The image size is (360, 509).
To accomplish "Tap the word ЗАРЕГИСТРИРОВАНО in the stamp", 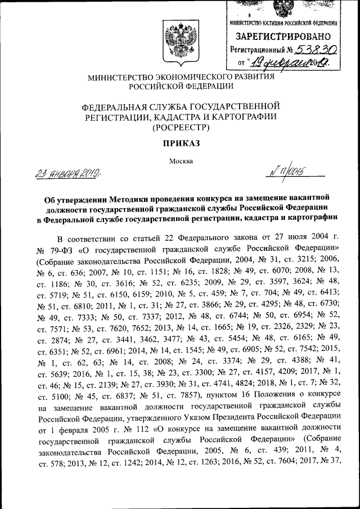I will click(x=283, y=37).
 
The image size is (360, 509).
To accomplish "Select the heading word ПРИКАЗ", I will click(x=181, y=143).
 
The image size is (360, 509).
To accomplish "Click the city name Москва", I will click(x=181, y=161).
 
